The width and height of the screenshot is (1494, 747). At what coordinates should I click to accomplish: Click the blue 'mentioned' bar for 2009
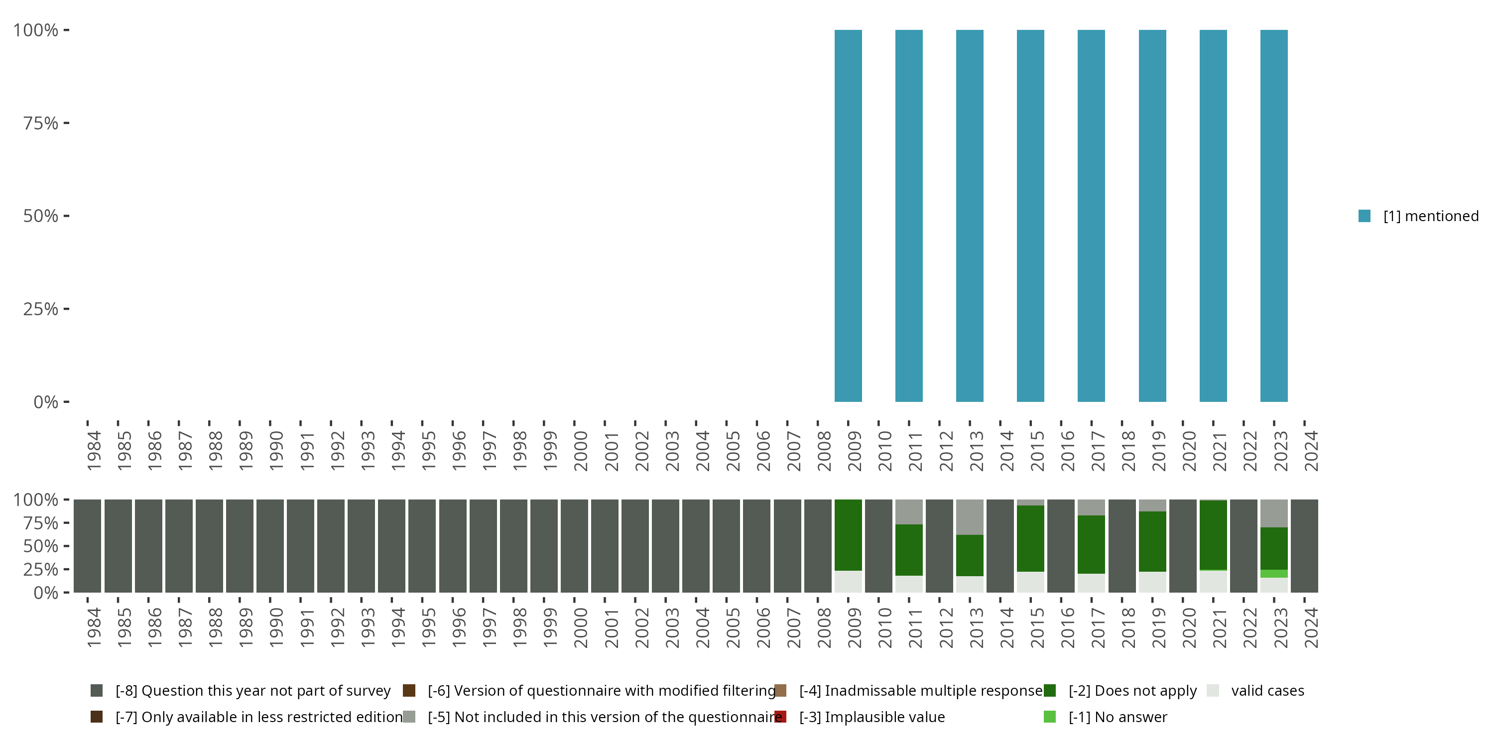tap(848, 216)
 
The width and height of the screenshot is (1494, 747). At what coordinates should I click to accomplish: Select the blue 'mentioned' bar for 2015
tap(1030, 216)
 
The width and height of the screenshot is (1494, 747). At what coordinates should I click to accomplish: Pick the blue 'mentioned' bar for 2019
tap(1152, 216)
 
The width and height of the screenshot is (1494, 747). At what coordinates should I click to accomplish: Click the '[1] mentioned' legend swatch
tap(1364, 216)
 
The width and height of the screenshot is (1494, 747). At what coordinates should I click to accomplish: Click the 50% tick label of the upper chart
tap(41, 216)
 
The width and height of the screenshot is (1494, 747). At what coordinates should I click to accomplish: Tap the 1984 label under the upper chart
tap(94, 451)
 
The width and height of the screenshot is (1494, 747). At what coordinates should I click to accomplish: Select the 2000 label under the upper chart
tap(581, 451)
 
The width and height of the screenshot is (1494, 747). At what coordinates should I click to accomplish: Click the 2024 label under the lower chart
tap(1311, 628)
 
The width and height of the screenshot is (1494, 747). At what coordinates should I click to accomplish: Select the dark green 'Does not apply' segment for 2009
tap(848, 535)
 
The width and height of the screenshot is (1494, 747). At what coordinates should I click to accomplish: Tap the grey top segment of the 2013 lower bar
tap(970, 517)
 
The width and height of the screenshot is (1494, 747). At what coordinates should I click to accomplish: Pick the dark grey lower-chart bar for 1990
tap(270, 546)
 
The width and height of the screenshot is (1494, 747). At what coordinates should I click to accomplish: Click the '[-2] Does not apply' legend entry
tap(1132, 691)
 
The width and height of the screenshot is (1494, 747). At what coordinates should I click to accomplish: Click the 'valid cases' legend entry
tap(1267, 691)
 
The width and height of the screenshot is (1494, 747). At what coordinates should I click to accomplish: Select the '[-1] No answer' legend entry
tap(1118, 717)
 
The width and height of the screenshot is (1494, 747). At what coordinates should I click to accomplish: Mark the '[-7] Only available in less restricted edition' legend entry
tap(258, 717)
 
